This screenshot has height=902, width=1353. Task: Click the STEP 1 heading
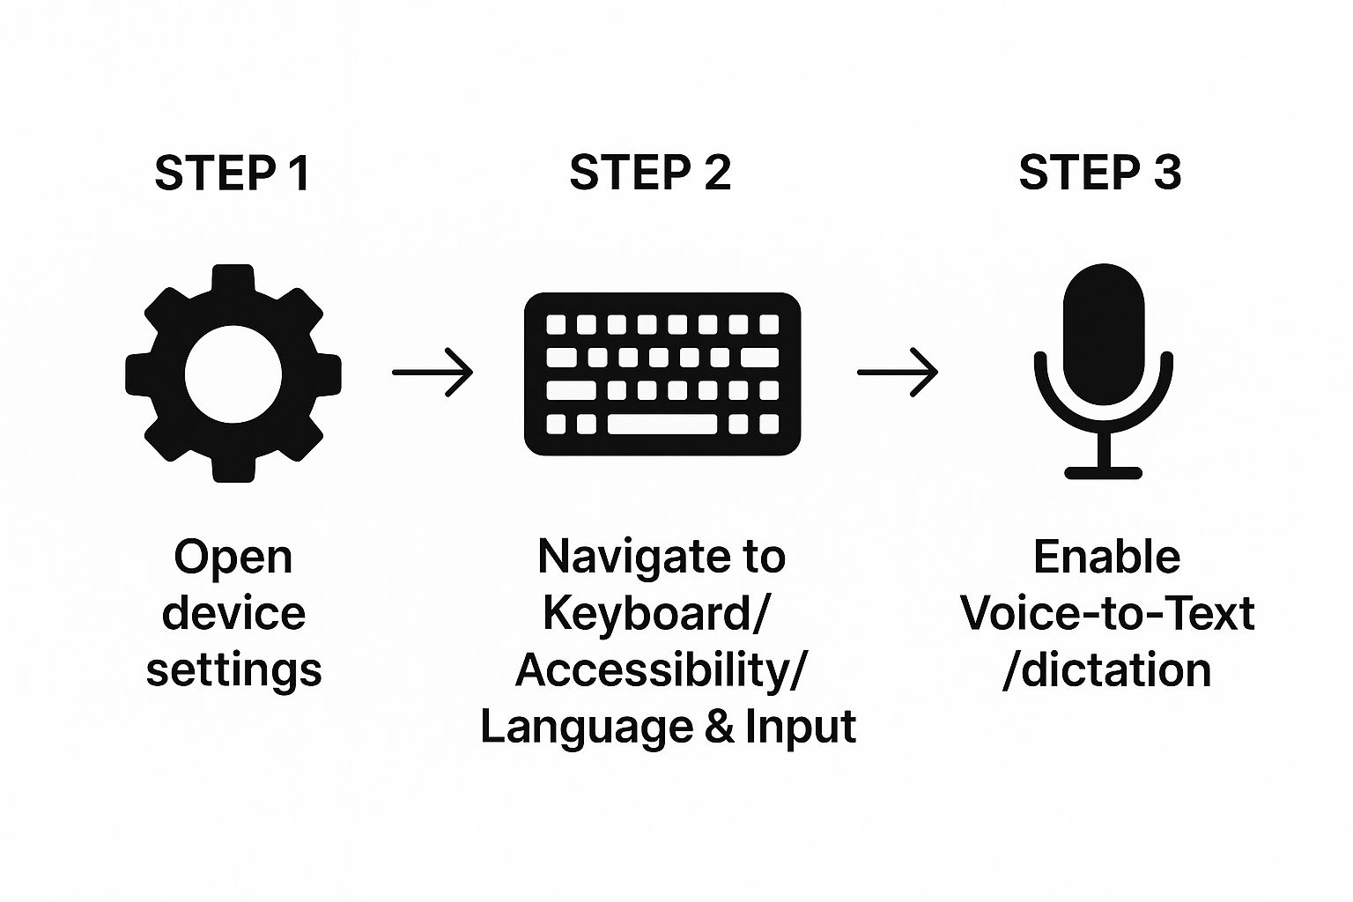click(233, 173)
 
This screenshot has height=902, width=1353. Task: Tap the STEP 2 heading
click(650, 173)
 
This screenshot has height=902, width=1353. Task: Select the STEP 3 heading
click(1100, 173)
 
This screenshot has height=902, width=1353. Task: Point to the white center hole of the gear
click(233, 373)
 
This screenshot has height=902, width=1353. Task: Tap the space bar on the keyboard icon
click(662, 425)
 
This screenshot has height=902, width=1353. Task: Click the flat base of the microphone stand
click(1104, 472)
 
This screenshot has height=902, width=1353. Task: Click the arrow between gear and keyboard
click(433, 373)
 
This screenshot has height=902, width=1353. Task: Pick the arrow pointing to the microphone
click(898, 373)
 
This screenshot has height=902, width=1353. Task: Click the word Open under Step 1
click(233, 558)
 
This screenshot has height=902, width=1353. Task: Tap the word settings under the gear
click(233, 670)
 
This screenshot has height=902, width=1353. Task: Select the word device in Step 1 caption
click(233, 613)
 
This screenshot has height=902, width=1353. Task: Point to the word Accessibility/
click(660, 670)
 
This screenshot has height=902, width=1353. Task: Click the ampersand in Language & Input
click(718, 728)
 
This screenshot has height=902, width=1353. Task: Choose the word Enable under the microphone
click(1106, 557)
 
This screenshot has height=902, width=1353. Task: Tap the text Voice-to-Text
click(1107, 613)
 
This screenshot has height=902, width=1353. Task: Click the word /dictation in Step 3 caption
click(1107, 670)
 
